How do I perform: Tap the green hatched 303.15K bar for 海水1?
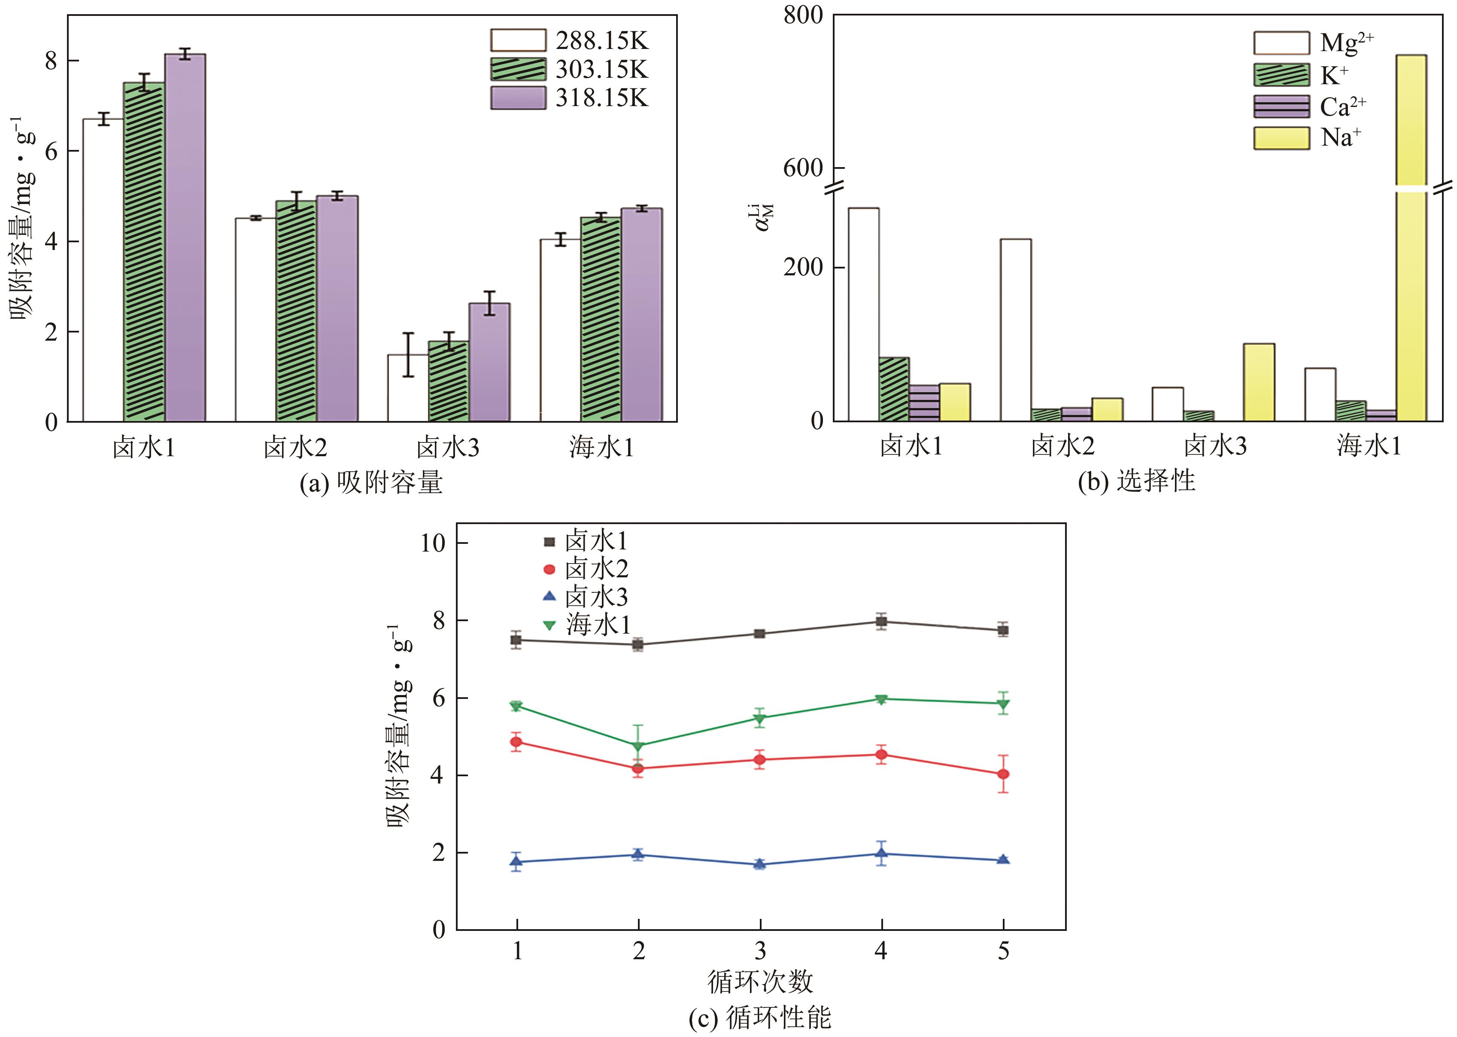click(601, 319)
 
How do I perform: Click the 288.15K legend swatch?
click(518, 40)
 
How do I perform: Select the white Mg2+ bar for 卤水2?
click(1015, 329)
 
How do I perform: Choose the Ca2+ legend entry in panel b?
click(1308, 107)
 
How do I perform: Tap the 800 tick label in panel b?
click(803, 15)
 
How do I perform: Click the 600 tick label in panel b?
click(803, 168)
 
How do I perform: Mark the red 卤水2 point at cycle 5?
click(1003, 774)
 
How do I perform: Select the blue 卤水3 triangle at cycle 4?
click(881, 853)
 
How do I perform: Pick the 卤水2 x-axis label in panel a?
click(295, 448)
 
